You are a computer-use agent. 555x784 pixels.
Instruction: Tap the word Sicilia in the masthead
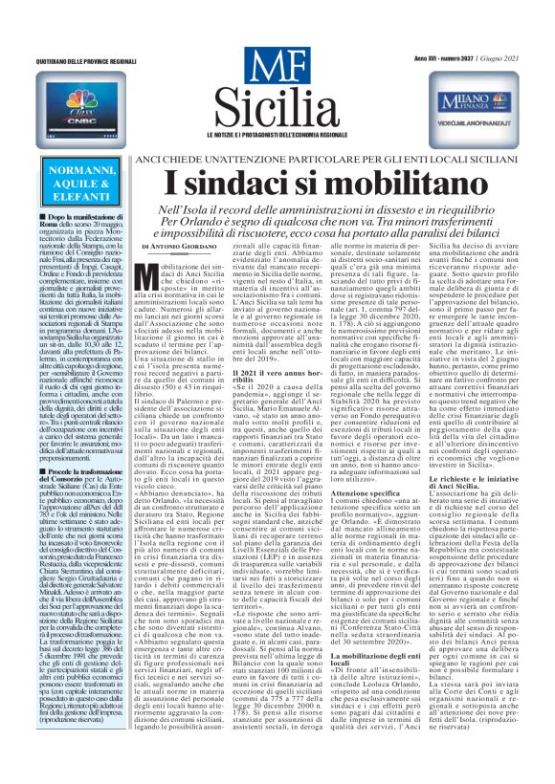[x=277, y=102]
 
